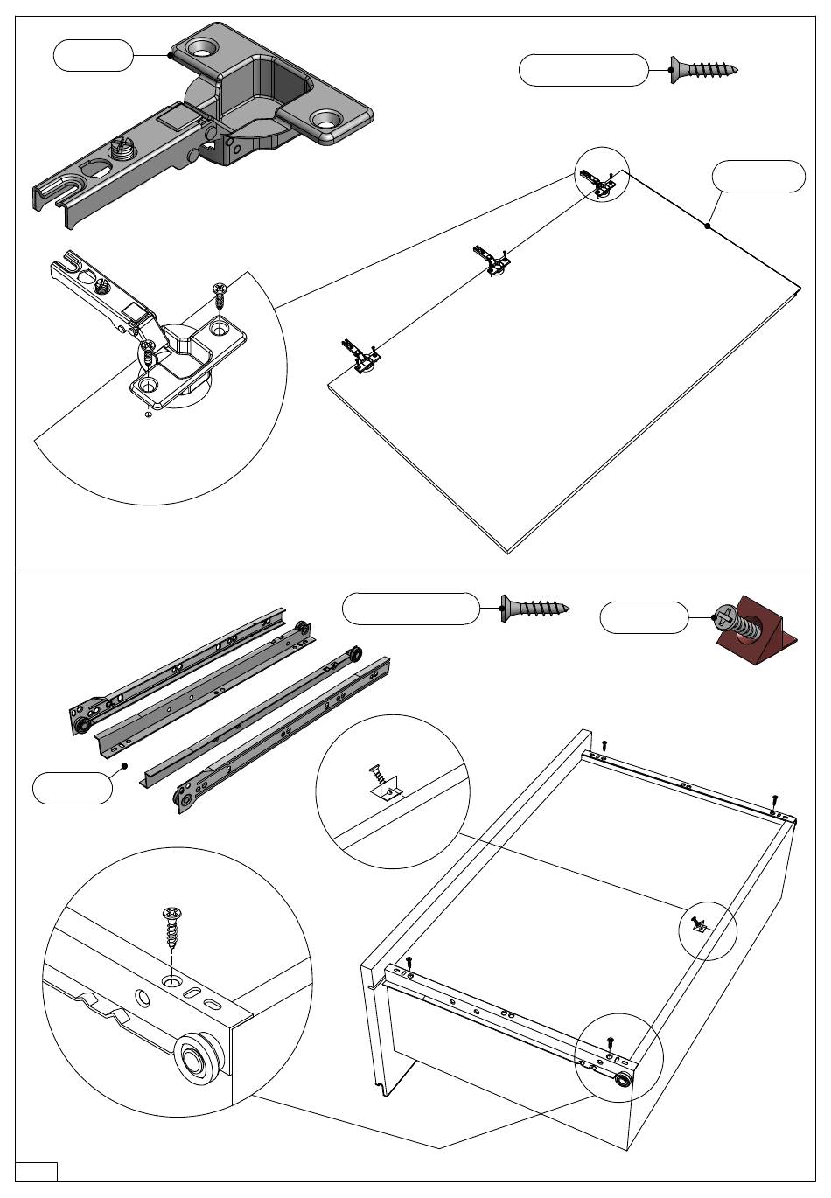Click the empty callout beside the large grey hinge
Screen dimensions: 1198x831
click(x=93, y=55)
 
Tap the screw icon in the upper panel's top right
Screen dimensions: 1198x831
click(x=704, y=69)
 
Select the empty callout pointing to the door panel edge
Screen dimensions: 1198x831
click(x=758, y=176)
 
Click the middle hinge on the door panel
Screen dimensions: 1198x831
click(x=492, y=261)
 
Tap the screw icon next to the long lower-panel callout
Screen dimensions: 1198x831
click(x=534, y=608)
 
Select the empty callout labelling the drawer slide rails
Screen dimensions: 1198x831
click(x=73, y=788)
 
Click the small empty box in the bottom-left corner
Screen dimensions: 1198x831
click(x=37, y=1172)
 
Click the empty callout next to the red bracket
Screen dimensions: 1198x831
click(x=644, y=618)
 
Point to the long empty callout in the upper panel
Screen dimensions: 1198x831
click(x=583, y=70)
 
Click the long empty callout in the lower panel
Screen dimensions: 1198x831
click(x=410, y=609)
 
